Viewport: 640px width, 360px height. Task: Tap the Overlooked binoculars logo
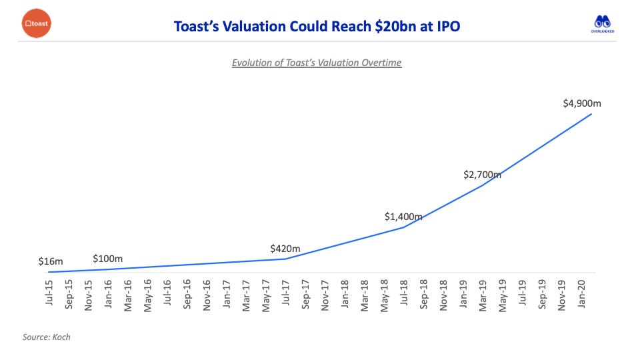click(x=603, y=25)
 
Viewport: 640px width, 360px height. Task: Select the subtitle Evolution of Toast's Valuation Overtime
click(x=317, y=63)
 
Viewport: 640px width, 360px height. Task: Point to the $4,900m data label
click(x=577, y=103)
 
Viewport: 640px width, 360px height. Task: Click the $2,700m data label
click(x=482, y=175)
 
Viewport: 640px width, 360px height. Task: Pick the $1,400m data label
click(x=403, y=217)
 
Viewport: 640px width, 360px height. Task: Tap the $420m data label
click(x=285, y=249)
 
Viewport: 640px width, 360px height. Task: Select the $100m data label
click(x=107, y=258)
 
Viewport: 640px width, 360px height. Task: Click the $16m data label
click(x=51, y=261)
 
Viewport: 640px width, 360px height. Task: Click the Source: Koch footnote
click(x=46, y=337)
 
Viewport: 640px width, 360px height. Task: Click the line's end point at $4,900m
click(x=591, y=114)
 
